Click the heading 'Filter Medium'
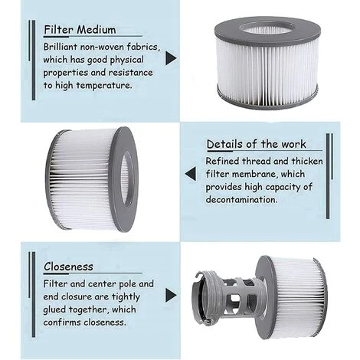[x=80, y=30]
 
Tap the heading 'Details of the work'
[x=256, y=144]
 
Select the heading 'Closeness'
[x=68, y=267]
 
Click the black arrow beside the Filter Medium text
[x=170, y=57]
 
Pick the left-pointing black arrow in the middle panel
[x=190, y=174]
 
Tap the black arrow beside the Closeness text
[x=170, y=295]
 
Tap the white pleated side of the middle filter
[x=80, y=180]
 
